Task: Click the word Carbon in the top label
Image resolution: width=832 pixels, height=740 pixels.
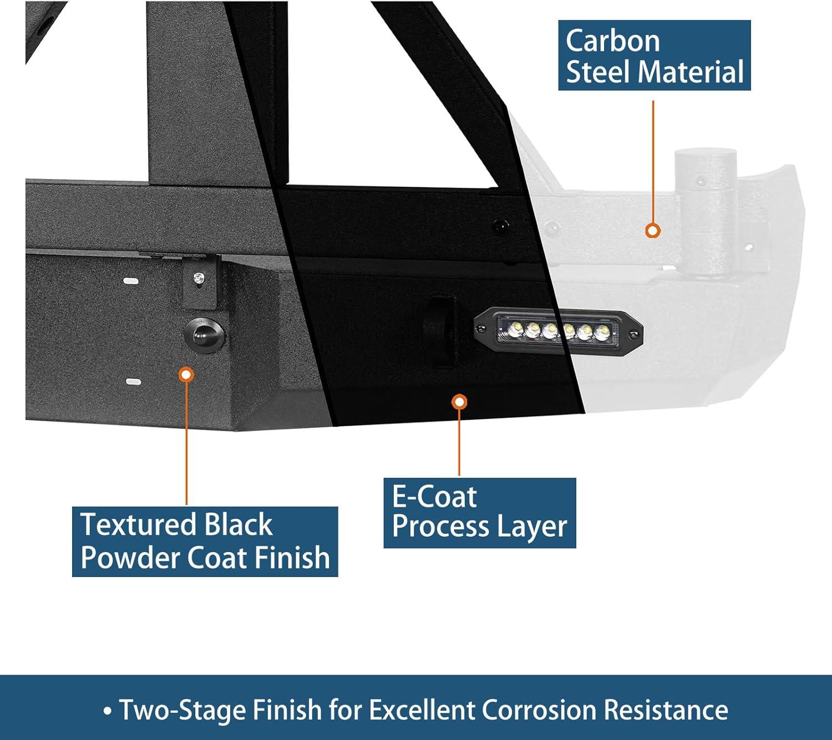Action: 612,42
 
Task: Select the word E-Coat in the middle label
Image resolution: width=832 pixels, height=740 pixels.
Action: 434,497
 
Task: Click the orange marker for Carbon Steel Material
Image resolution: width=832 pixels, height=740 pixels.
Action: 652,230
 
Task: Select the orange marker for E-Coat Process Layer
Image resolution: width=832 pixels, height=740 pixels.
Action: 459,402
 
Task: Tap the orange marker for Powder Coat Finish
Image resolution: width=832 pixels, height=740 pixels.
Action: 186,374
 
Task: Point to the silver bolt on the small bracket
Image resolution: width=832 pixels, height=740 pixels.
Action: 199,279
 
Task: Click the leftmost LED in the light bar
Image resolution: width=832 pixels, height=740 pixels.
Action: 515,328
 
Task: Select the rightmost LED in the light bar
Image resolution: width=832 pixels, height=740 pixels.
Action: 601,331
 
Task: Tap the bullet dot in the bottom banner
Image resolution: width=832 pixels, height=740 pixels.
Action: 108,711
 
